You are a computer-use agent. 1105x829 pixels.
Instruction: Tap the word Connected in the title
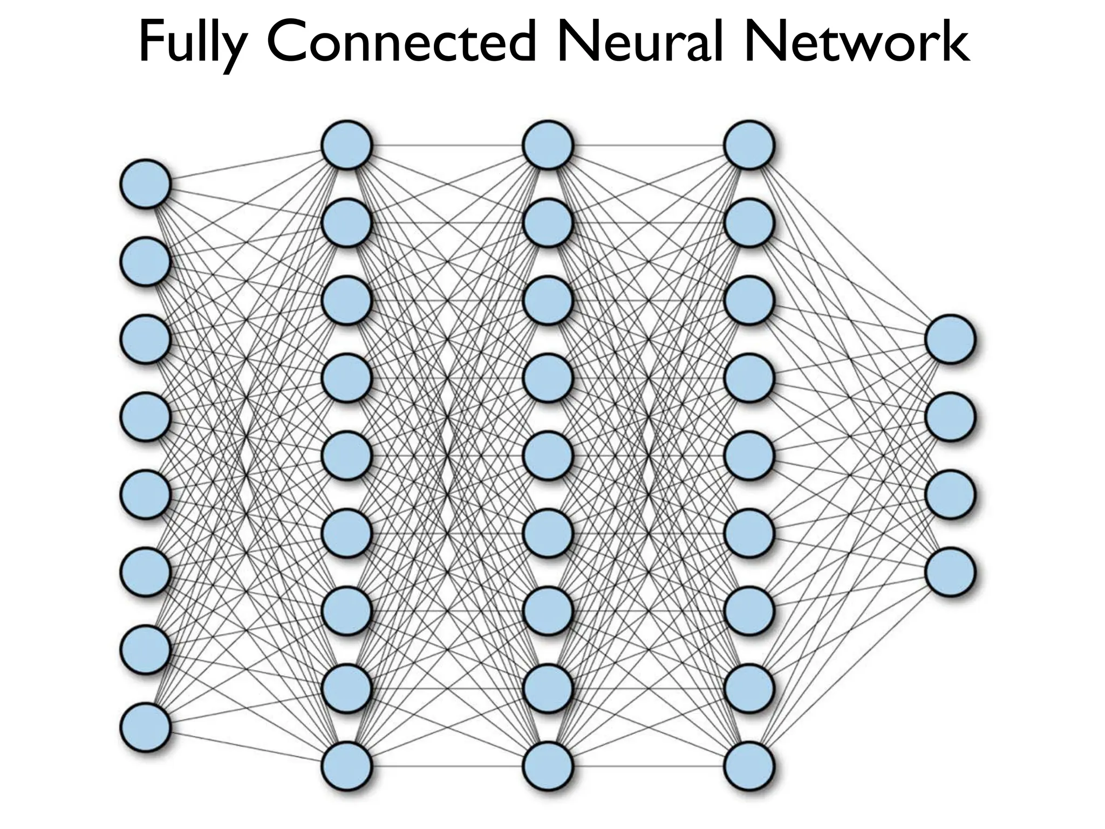coord(403,43)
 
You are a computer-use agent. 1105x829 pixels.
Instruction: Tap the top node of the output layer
coord(950,339)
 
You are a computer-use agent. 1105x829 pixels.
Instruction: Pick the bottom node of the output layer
coord(950,572)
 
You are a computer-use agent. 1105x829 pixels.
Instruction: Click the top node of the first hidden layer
coord(347,145)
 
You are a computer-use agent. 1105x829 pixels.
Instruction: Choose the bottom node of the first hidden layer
coord(347,766)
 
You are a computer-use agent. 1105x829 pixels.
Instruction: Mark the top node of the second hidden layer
coord(548,145)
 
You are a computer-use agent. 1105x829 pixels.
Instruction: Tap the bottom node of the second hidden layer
coord(548,766)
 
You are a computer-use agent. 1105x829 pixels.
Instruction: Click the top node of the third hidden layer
coord(749,145)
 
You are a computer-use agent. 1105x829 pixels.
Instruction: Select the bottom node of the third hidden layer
coord(749,766)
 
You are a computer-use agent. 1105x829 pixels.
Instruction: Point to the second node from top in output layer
coord(950,417)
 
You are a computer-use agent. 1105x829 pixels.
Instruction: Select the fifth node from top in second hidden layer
coord(548,456)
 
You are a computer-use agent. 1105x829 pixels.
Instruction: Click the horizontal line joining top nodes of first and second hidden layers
coord(448,145)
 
